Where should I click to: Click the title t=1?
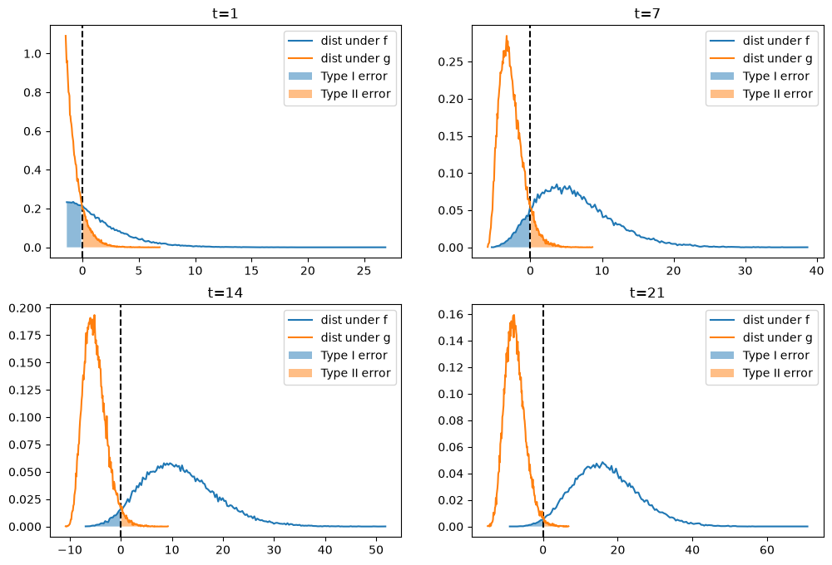[x=225, y=12]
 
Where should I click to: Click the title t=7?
[x=647, y=12]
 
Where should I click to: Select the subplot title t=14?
[x=225, y=292]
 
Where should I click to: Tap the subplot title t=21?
[x=647, y=292]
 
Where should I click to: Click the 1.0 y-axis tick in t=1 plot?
[x=33, y=53]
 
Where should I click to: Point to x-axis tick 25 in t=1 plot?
[x=364, y=270]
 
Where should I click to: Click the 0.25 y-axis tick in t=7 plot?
[x=450, y=62]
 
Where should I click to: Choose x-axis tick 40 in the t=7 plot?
[x=817, y=270]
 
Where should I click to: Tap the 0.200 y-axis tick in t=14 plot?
[x=26, y=308]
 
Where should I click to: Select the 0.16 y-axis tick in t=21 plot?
[x=450, y=314]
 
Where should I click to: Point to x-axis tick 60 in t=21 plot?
[x=767, y=550]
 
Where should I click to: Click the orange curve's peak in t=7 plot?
[x=507, y=37]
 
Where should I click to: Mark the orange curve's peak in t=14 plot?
[x=94, y=316]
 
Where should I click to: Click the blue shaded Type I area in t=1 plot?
[x=74, y=224]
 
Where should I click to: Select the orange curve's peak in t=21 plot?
[x=513, y=316]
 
